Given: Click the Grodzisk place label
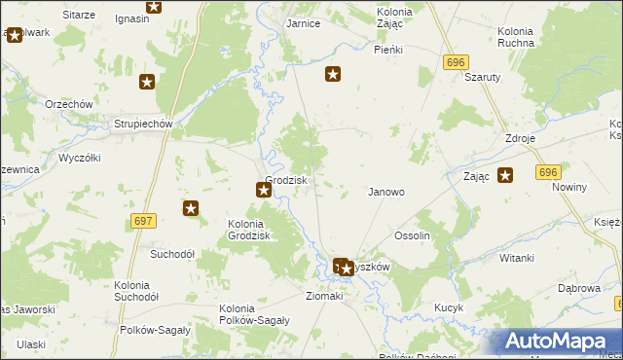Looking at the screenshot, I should (286, 180).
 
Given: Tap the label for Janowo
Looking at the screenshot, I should (385, 192).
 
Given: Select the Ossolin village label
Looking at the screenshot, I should (412, 235).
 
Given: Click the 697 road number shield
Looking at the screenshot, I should (143, 222).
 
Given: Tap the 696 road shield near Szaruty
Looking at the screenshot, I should (455, 62).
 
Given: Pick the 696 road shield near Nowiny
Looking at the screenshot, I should (547, 171).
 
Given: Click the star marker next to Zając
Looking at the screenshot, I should (505, 175).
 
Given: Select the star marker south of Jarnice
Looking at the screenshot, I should (333, 73).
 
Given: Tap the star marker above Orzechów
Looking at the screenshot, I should (147, 83).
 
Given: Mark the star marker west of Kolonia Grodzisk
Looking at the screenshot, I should (191, 207).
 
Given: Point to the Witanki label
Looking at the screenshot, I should (517, 258).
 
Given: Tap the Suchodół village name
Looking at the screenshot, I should (172, 254).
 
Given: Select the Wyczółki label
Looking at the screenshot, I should (80, 157).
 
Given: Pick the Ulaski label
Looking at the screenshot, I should (31, 344).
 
